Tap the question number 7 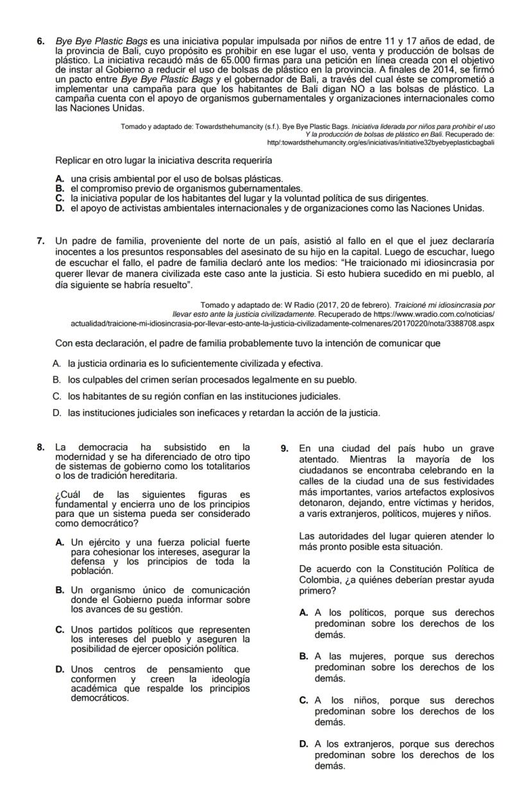click(x=40, y=241)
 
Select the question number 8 click(x=40, y=447)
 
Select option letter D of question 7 click(x=56, y=412)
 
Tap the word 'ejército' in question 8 click(x=102, y=543)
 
